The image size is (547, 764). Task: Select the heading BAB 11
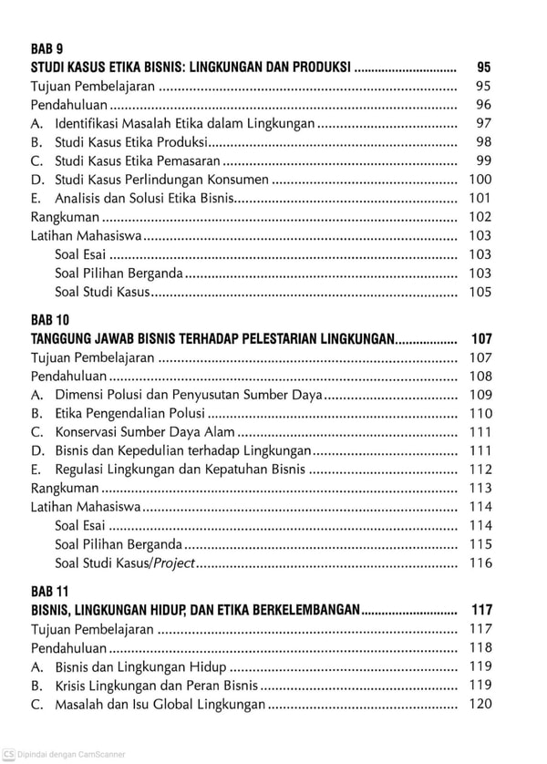[49, 591]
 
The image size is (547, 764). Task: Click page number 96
[483, 104]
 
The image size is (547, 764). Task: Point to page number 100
[480, 179]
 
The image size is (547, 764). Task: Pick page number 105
[480, 292]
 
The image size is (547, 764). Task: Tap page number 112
[480, 469]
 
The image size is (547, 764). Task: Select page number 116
[480, 563]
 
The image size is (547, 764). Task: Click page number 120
[480, 703]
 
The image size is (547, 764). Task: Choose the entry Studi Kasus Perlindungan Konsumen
[161, 180]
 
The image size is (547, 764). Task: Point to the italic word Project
[174, 563]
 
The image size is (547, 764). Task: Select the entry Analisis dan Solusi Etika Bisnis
[145, 198]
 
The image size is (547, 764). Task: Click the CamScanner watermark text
[69, 754]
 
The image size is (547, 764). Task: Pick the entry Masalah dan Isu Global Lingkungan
[160, 704]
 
